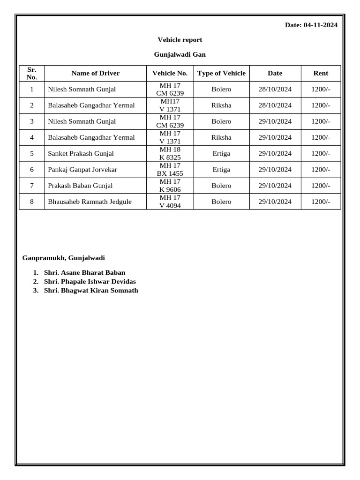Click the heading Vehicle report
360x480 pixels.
(x=180, y=40)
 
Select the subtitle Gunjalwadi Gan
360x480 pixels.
(x=180, y=54)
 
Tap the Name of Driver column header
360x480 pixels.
(x=95, y=73)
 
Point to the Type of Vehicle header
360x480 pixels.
(x=221, y=73)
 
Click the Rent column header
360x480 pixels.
(x=321, y=73)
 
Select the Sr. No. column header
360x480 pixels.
(x=32, y=73)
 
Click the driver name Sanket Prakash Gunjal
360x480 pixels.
(x=81, y=153)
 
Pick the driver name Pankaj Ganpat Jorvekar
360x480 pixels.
(x=82, y=170)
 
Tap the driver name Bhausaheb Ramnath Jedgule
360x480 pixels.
(x=90, y=202)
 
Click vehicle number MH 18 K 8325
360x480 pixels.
(x=170, y=153)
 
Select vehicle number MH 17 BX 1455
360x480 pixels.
(x=170, y=170)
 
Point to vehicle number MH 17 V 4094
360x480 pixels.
(x=170, y=202)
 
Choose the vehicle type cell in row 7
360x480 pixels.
(x=221, y=186)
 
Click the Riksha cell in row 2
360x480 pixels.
(x=221, y=105)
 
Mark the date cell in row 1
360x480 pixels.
(x=275, y=89)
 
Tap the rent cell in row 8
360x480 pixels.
(x=321, y=202)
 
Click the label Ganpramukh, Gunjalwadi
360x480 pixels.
(x=64, y=258)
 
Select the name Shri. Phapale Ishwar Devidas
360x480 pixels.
(x=90, y=281)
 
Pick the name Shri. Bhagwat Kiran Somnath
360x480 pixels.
(x=91, y=290)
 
